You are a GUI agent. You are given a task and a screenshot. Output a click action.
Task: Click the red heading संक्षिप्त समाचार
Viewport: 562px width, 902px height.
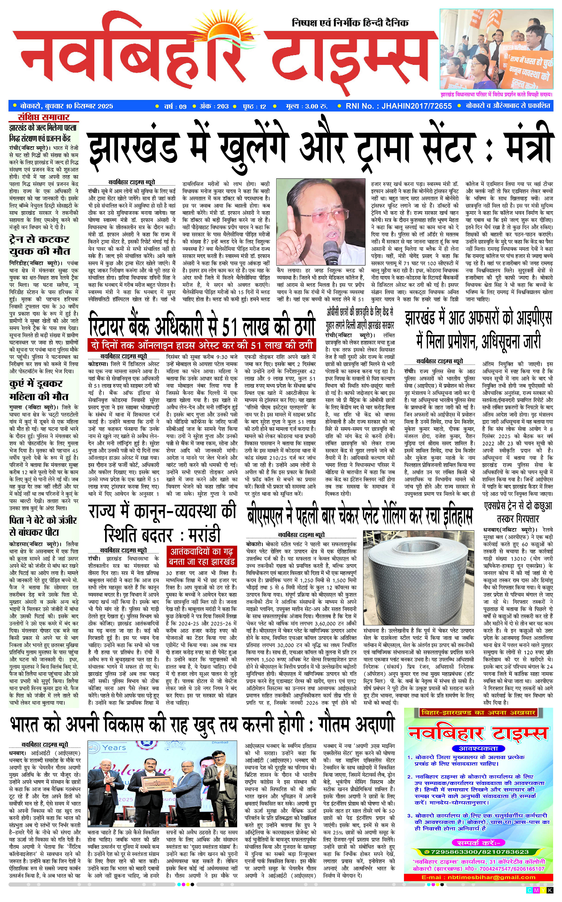44,117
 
